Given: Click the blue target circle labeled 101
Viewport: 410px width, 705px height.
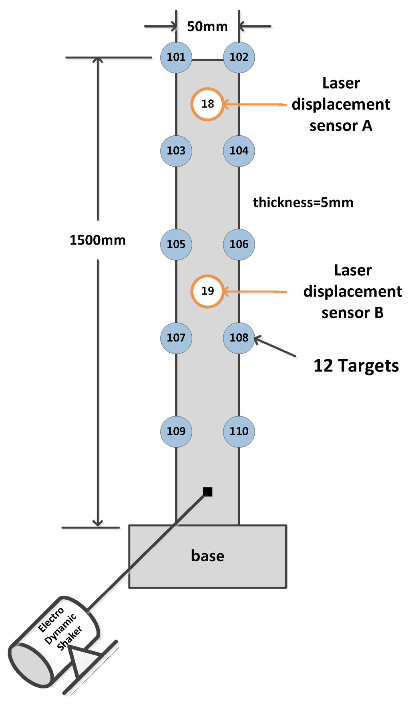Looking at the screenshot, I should click(x=176, y=57).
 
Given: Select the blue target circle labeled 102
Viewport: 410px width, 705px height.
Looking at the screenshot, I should click(x=239, y=57).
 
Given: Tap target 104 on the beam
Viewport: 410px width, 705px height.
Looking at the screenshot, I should click(x=239, y=151).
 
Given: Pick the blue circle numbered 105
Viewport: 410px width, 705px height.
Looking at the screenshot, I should click(x=176, y=244).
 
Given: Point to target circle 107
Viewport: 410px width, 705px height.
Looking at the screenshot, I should click(x=176, y=338).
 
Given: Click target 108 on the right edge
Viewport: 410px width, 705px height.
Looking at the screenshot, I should click(x=239, y=338).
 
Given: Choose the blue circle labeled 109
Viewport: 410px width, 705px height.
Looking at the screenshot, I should click(x=176, y=431).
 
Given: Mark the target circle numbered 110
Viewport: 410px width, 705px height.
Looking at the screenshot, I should click(x=239, y=431).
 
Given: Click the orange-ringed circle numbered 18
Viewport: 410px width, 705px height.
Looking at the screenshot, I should click(x=207, y=104).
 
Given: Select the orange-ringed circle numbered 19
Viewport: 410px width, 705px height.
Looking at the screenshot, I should click(x=207, y=291).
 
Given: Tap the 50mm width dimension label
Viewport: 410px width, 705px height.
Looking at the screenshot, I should click(x=207, y=27).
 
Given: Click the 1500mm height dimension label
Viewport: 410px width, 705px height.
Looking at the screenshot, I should click(x=98, y=240).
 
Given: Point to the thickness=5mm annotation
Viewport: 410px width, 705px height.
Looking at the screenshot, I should click(x=303, y=203).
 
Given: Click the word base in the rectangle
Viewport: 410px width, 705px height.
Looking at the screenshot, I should click(x=207, y=556).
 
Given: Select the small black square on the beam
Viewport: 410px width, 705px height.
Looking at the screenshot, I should click(x=207, y=492).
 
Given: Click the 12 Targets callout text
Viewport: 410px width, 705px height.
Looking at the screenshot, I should click(x=356, y=366).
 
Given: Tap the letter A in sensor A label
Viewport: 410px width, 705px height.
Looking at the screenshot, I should click(x=367, y=126).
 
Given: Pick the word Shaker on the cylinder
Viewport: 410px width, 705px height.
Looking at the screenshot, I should click(x=70, y=638).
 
